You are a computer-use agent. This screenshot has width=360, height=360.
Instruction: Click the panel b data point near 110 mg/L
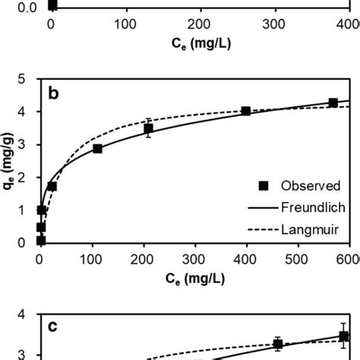click(97, 149)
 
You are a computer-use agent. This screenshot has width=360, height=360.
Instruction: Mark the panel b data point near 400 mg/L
click(245, 111)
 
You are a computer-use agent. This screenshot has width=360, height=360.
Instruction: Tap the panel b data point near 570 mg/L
click(333, 103)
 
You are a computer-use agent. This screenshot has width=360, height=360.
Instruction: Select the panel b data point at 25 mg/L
click(52, 185)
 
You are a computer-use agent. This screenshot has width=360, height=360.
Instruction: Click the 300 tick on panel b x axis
click(195, 257)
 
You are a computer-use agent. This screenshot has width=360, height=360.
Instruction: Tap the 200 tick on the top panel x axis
click(200, 24)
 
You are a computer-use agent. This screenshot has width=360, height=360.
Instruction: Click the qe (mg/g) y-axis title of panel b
click(8, 161)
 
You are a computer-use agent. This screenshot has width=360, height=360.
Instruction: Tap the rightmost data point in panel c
click(343, 336)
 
